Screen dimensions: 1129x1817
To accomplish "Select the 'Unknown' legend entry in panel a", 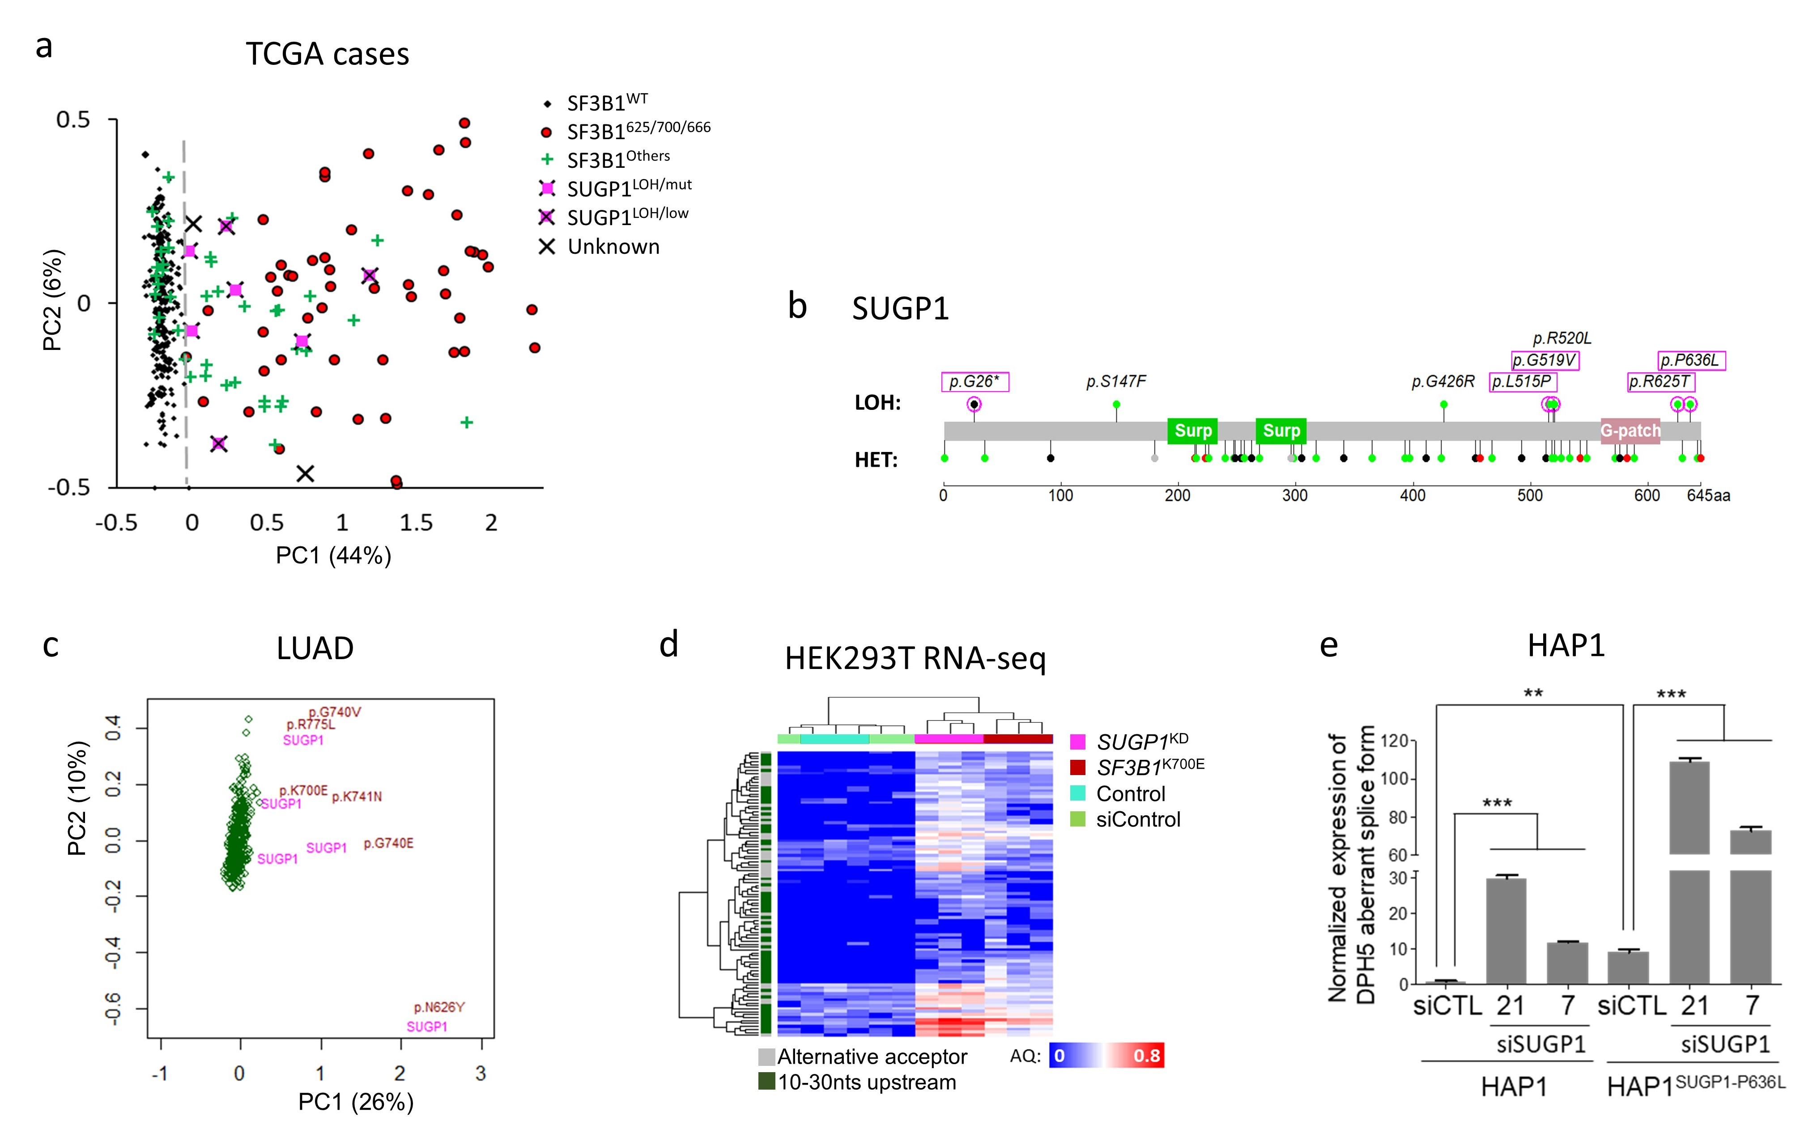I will (613, 247).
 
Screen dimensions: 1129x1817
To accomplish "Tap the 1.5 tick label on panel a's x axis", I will (416, 523).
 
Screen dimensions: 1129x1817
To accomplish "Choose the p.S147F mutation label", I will (1115, 382).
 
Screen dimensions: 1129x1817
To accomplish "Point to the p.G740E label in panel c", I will (388, 844).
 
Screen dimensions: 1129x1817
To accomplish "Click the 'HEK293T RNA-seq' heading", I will (915, 659).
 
